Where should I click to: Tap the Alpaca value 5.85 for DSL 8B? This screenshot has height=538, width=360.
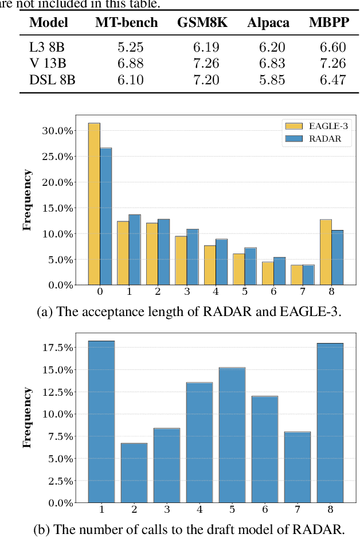[272, 80]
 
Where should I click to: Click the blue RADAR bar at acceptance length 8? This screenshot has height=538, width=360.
[337, 258]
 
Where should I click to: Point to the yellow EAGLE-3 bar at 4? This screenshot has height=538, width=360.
[210, 265]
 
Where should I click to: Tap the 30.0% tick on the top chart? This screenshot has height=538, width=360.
[59, 131]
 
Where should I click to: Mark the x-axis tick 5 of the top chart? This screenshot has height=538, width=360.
[245, 292]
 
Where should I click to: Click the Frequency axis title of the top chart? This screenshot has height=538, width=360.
[27, 200]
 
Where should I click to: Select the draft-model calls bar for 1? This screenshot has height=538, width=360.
[101, 422]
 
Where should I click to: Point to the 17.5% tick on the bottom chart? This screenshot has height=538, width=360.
[59, 348]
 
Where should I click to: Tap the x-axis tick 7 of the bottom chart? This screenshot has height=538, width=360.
[297, 509]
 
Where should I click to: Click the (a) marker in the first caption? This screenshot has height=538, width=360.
[44, 312]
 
